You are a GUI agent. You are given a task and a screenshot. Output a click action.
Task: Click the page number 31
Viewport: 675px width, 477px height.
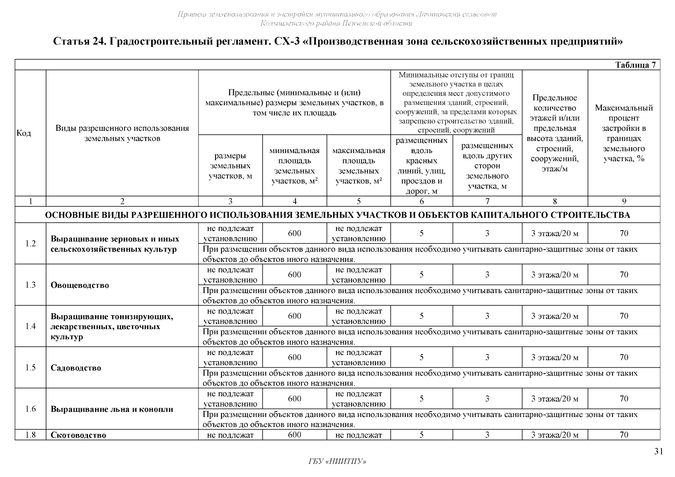click(x=659, y=451)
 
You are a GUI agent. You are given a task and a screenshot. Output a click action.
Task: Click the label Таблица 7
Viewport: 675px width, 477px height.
click(x=635, y=65)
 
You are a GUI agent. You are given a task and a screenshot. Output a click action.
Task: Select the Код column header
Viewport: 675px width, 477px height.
click(x=24, y=133)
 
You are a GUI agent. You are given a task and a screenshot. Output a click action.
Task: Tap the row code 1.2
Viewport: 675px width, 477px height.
click(x=31, y=244)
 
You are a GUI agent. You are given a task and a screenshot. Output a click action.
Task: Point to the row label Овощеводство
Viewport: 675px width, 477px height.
click(x=80, y=285)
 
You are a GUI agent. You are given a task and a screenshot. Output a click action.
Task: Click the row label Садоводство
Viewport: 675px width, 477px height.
click(x=76, y=368)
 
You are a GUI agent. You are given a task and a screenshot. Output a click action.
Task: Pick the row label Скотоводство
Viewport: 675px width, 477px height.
click(x=78, y=435)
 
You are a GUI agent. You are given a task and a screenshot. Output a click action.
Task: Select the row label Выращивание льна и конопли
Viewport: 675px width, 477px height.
click(x=112, y=409)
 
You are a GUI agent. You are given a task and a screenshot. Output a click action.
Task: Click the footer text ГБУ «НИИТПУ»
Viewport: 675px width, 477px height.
click(x=337, y=461)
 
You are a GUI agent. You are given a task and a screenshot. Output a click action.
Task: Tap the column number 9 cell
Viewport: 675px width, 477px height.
click(x=624, y=202)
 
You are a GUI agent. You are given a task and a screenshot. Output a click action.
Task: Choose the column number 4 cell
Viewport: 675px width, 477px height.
click(x=294, y=202)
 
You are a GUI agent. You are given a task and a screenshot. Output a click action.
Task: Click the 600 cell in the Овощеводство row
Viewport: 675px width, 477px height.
click(x=294, y=275)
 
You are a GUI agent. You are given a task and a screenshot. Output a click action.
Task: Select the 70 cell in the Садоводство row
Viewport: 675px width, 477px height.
click(x=624, y=357)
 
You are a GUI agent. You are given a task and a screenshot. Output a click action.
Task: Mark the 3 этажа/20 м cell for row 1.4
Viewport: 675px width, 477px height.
click(x=554, y=316)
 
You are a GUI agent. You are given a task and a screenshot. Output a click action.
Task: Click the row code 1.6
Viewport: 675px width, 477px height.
click(x=31, y=409)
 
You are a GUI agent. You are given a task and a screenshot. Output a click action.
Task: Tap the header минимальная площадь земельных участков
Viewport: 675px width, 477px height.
click(x=294, y=166)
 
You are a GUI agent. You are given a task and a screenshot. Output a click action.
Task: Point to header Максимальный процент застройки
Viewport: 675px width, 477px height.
click(x=624, y=133)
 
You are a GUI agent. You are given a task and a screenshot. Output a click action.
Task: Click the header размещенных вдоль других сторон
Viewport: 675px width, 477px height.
click(x=487, y=166)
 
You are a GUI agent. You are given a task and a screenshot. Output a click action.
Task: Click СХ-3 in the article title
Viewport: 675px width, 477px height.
click(x=286, y=41)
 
